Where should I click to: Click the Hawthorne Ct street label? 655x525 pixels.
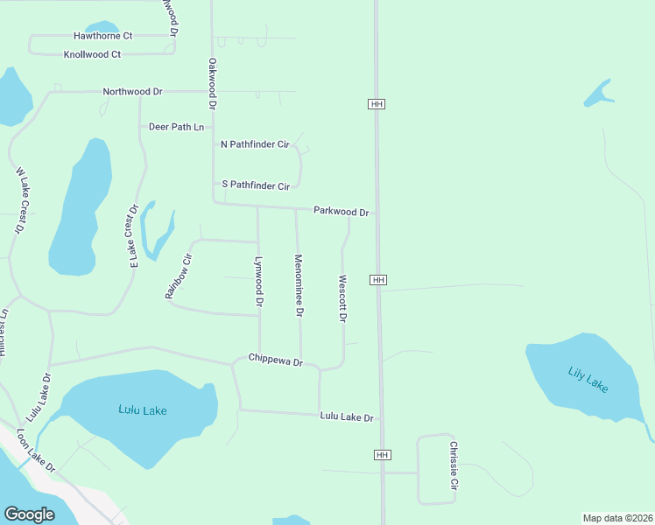tap(102, 36)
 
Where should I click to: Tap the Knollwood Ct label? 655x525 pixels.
tap(92, 54)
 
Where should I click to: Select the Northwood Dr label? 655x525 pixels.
tap(132, 91)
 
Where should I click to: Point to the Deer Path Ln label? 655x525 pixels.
tap(176, 127)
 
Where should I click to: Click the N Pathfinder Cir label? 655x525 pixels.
tap(255, 143)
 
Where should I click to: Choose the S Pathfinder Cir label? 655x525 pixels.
tap(255, 185)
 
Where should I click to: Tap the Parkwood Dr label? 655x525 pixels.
tap(341, 212)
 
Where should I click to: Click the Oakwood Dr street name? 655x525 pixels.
tap(212, 83)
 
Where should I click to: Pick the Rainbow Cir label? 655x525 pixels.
tap(179, 276)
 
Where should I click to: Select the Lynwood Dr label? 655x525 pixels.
tap(258, 281)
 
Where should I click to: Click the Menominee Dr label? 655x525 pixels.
tap(299, 285)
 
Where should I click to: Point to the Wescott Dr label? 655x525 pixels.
tap(342, 299)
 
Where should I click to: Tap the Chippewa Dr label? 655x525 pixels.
tap(275, 359)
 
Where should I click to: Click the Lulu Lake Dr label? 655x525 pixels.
tap(347, 417)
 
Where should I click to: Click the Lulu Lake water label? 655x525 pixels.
tap(142, 409)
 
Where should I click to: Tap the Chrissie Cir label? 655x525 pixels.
tap(454, 465)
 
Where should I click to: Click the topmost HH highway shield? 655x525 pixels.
tap(377, 104)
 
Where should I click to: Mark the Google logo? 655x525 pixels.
tap(29, 514)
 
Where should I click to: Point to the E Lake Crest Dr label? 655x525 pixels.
tap(134, 236)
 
